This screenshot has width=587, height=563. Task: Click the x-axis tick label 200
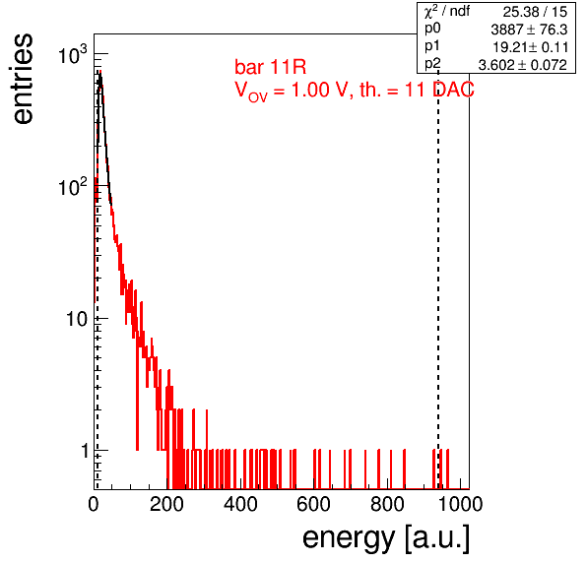(166, 504)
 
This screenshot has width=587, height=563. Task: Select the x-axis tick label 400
(240, 504)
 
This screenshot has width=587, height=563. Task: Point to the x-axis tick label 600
(314, 504)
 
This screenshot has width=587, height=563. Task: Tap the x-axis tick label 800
(387, 504)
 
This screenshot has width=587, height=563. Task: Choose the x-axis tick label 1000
(460, 504)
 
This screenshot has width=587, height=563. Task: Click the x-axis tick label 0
(94, 504)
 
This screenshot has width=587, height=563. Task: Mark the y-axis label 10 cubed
(73, 54)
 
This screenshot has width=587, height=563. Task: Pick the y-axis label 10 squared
(73, 186)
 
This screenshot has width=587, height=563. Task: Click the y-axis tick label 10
(77, 320)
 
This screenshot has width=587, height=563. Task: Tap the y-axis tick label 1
(85, 451)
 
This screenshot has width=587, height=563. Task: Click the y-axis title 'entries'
(24, 79)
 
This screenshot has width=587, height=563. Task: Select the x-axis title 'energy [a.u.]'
(386, 538)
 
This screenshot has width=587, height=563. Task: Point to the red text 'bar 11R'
(270, 67)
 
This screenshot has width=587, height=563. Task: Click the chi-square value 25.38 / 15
(535, 12)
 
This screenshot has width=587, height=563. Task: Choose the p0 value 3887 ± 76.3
(529, 30)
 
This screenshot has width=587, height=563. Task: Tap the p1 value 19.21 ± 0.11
(531, 47)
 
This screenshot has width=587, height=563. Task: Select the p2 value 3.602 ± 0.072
(523, 65)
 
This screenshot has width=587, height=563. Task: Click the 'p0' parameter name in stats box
(432, 30)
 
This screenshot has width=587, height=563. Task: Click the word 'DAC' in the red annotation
(453, 90)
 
